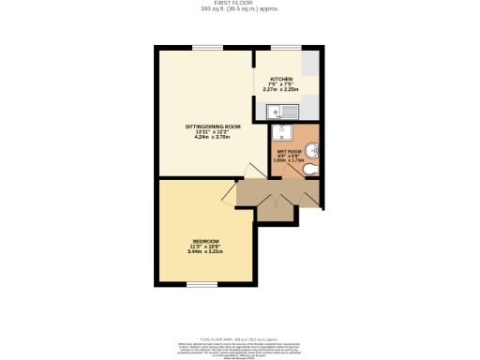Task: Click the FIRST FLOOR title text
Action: click(241, 4)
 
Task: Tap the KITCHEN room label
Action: click(281, 79)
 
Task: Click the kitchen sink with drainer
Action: click(280, 112)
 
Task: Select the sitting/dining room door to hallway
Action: click(247, 171)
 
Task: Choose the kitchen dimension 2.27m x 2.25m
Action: click(281, 90)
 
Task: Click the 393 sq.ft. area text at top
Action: click(241, 10)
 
